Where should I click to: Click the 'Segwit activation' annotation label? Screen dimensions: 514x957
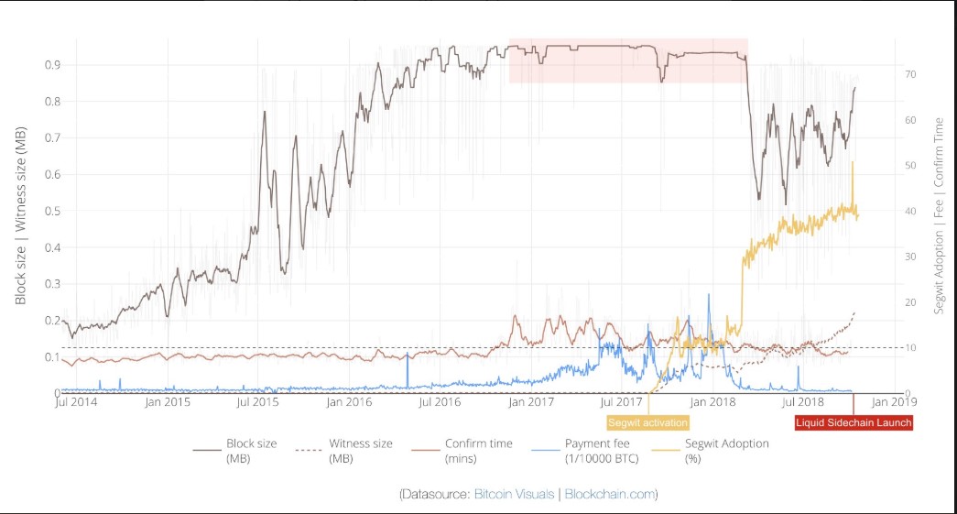click(647, 422)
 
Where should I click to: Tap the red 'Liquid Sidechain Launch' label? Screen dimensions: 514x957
click(854, 422)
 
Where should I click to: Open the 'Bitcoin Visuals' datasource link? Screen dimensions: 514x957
click(515, 494)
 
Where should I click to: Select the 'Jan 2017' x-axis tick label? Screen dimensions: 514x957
click(529, 401)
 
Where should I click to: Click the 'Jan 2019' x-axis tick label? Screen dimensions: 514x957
click(889, 401)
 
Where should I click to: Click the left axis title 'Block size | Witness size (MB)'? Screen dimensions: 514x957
click(20, 215)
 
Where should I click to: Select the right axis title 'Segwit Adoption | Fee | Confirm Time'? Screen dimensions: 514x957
click(939, 215)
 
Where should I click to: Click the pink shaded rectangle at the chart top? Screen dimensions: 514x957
click(628, 61)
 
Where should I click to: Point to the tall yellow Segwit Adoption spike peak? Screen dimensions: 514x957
click(853, 163)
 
